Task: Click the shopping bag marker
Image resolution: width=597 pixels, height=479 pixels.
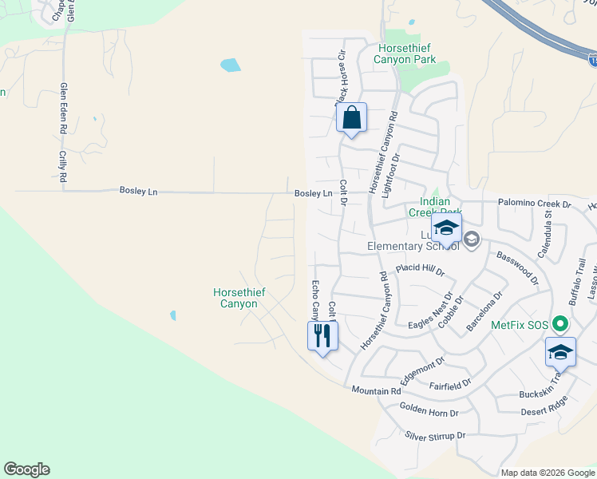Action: (x=351, y=119)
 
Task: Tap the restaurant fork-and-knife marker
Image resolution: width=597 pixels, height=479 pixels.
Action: (x=322, y=335)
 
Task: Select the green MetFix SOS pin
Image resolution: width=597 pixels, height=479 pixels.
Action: (x=560, y=325)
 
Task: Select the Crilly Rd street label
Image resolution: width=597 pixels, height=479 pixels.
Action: (x=63, y=166)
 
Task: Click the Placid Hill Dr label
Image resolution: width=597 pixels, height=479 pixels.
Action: (x=420, y=270)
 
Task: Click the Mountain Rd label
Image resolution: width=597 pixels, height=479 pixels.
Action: (x=376, y=391)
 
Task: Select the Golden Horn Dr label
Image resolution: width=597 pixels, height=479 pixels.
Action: (x=429, y=413)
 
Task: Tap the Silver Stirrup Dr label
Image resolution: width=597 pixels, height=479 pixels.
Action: (x=435, y=436)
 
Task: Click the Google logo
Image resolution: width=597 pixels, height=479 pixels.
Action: (x=26, y=469)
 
